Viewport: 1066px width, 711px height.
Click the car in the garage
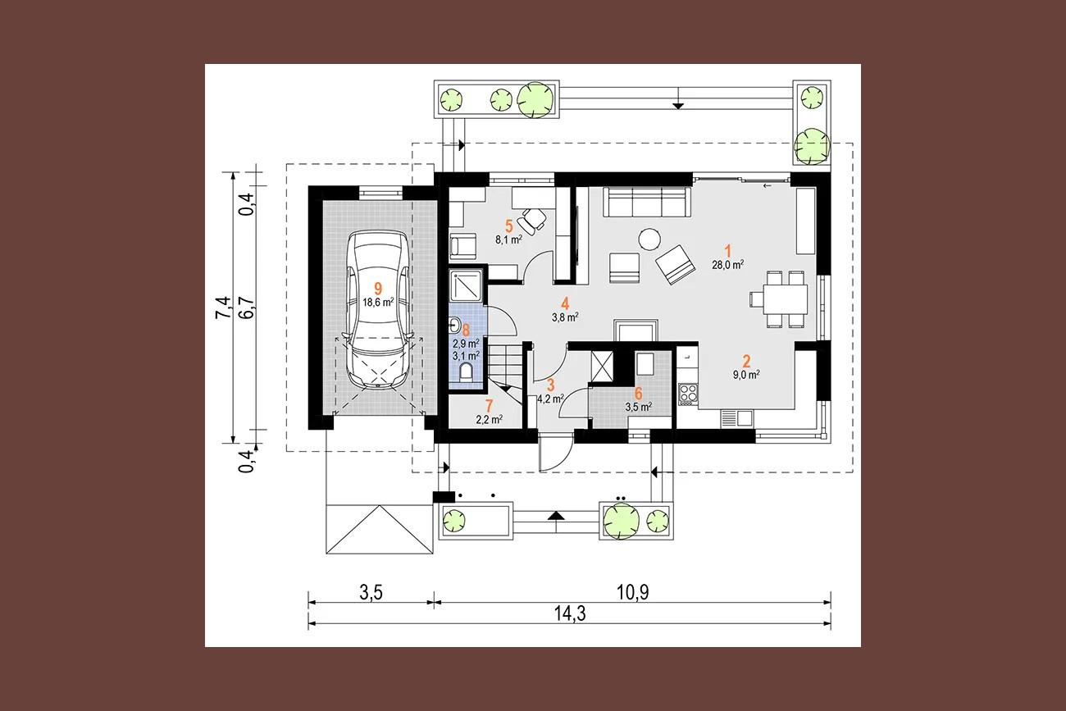tap(378, 310)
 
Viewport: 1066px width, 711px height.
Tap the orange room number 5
tap(508, 226)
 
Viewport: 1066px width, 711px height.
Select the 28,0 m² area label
tap(727, 265)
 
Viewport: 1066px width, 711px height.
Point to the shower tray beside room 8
tap(467, 286)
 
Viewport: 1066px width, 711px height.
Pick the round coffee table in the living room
tap(649, 239)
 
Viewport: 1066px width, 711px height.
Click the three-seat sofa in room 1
tap(647, 202)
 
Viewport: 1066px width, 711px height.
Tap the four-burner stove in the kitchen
tap(688, 394)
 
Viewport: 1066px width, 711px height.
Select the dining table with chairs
tap(778, 299)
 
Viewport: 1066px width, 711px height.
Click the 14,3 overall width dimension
tap(570, 613)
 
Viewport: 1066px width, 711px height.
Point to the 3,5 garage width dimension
tap(371, 593)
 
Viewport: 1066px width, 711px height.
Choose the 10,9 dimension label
tap(632, 592)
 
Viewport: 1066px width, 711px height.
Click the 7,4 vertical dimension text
tap(223, 308)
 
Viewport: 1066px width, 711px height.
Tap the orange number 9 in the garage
tap(378, 289)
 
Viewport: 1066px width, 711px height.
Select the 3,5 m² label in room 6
tap(638, 407)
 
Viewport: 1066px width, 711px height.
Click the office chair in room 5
tap(534, 221)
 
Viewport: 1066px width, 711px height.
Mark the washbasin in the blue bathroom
tap(454, 326)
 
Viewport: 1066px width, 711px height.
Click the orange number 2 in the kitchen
tap(746, 361)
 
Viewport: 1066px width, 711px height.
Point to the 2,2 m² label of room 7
tap(490, 419)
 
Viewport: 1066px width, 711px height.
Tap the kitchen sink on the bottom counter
tap(737, 418)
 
